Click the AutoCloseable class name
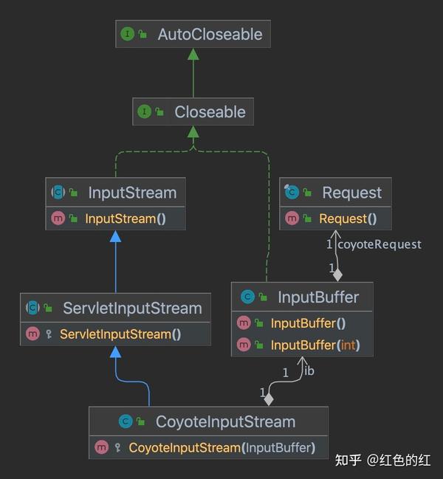coord(210,35)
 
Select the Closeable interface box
coord(193,112)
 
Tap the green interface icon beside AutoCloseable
coord(128,35)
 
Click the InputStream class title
coord(132,193)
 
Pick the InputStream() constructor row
coord(120,218)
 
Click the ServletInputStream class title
coord(132,309)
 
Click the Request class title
coord(351,193)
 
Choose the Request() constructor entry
coord(348,218)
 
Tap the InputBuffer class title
coord(318,297)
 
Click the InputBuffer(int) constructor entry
coord(315,345)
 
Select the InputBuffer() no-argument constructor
coord(308,323)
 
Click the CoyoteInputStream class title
coord(225,422)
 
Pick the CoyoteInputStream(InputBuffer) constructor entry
coord(221,447)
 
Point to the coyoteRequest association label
coord(379,244)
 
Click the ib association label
coord(309,371)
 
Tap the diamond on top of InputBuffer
coord(337,275)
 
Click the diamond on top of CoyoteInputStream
coord(269,399)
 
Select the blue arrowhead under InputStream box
coord(115,236)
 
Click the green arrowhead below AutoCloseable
coord(193,55)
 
